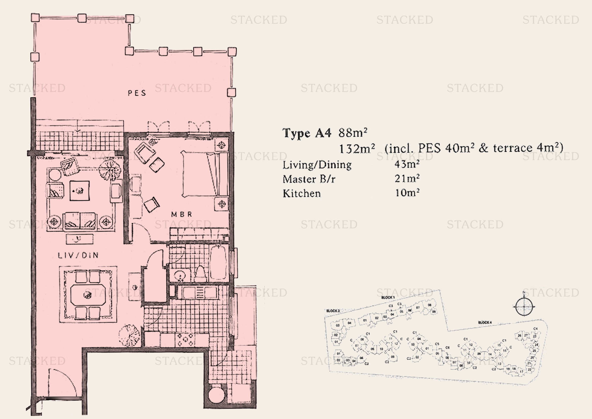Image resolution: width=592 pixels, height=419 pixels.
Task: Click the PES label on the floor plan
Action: coord(137,93)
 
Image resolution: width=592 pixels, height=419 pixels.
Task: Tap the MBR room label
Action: coord(182,214)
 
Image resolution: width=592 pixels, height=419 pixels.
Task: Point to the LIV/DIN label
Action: coord(78,255)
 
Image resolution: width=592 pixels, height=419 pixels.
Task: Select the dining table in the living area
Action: coord(88,295)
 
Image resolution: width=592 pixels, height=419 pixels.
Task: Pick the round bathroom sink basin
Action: coord(179,276)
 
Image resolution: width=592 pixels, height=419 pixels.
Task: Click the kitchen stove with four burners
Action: coord(185,339)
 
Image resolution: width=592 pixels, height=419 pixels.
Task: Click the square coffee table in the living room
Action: coord(80,191)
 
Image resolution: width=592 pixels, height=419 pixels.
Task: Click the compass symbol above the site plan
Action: coord(524,307)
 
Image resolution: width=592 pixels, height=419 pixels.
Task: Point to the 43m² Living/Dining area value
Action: coord(407,164)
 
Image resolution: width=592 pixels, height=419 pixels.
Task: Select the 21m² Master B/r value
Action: coord(407,179)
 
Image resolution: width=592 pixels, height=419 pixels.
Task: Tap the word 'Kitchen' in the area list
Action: coord(302,194)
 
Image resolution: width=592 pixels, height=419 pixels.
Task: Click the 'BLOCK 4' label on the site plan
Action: coord(485,322)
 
